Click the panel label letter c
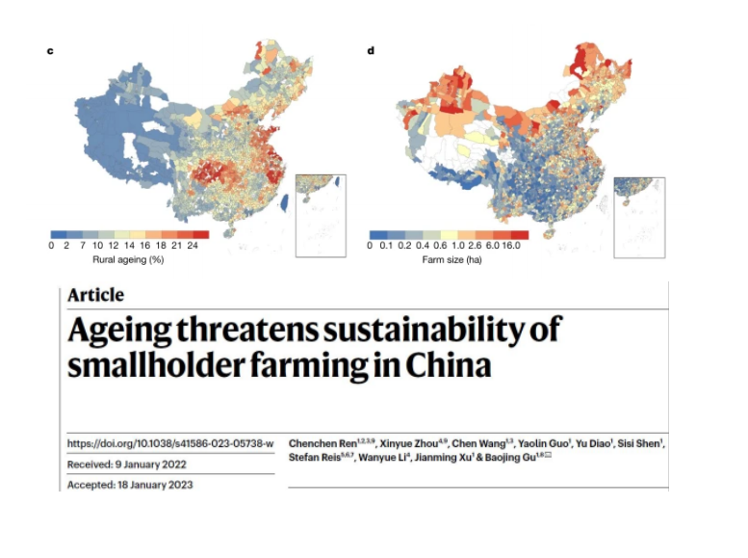click(50, 49)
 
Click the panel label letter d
click(371, 49)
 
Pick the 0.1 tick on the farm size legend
click(385, 247)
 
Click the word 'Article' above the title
click(95, 296)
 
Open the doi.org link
click(169, 443)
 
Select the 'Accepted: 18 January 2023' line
click(129, 484)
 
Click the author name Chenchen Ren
click(324, 443)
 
